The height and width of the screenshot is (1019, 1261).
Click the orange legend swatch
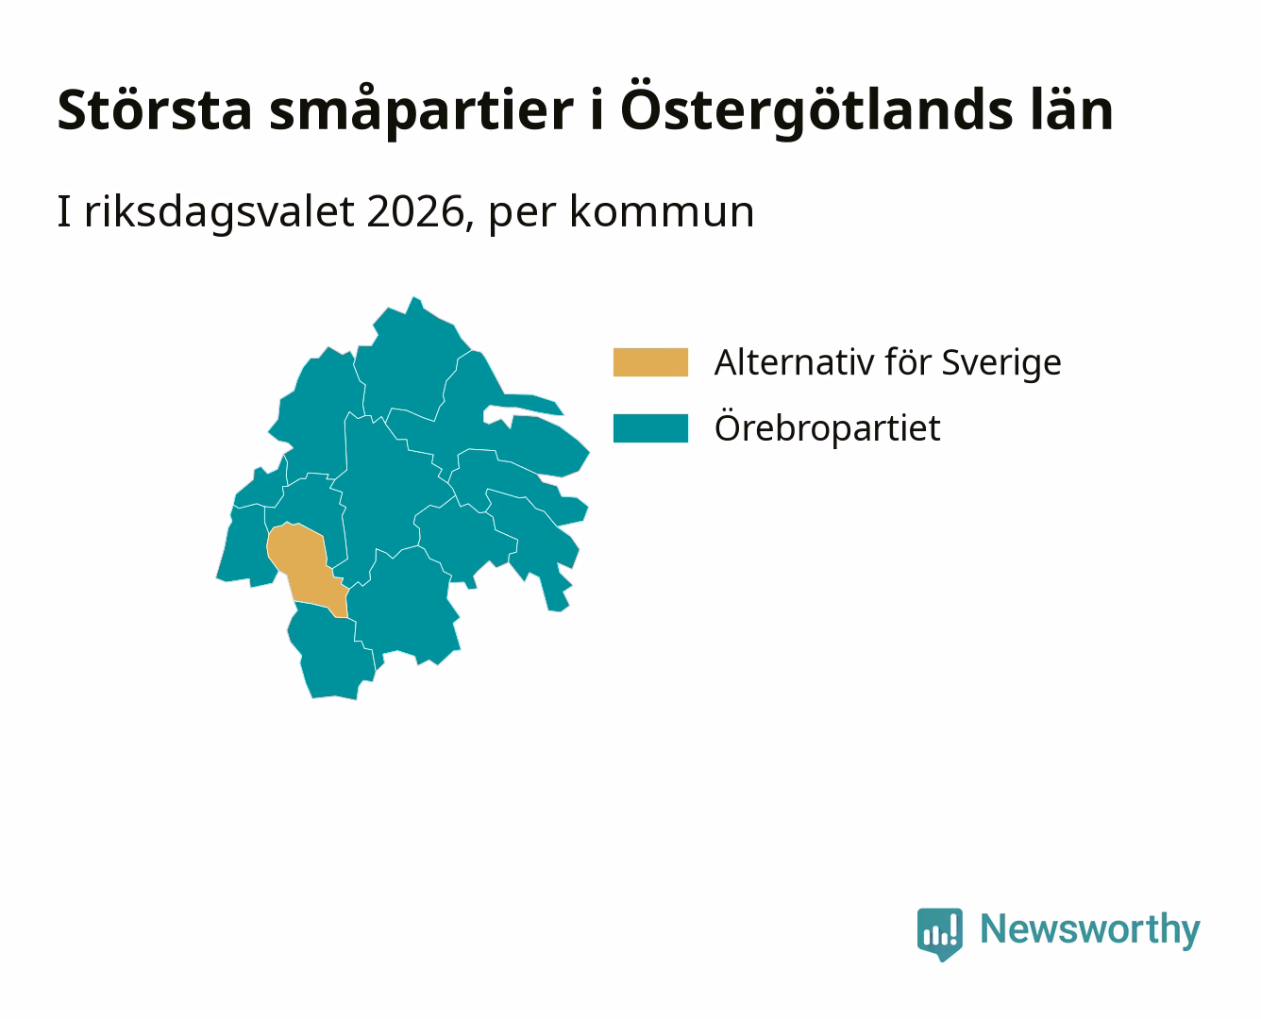coord(650,362)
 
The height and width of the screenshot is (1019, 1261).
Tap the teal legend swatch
coord(650,427)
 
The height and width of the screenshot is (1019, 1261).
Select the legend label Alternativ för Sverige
coord(887,362)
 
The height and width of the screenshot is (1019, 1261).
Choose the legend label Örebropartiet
coord(827,427)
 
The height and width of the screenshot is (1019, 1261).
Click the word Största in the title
coord(155,109)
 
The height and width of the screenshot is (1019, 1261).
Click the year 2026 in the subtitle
coord(414,212)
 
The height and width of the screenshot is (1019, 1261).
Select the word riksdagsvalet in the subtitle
coord(219,212)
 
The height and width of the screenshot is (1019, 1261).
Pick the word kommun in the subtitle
coord(662,212)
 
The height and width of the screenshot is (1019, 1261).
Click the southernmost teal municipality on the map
coord(331,654)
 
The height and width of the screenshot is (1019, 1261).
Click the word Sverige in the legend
coord(1001,362)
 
